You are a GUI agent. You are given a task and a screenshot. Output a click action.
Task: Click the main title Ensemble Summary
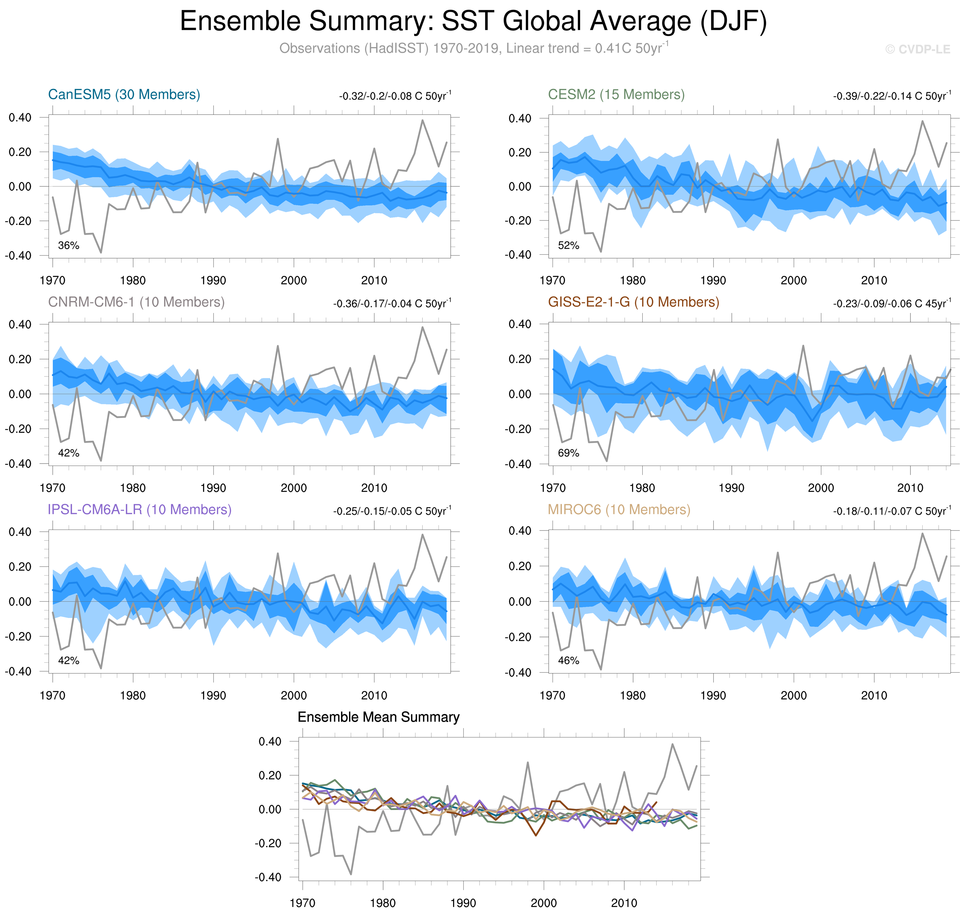tap(473, 22)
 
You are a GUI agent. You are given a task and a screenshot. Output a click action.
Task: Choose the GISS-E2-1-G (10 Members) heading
tap(633, 302)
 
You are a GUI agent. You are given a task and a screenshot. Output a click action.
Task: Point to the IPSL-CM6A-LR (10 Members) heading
tap(139, 509)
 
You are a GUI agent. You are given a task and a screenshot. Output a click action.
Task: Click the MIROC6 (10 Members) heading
tap(619, 509)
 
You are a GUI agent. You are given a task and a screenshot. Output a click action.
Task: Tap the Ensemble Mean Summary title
tap(378, 717)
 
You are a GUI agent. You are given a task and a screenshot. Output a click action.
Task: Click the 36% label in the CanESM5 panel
tap(68, 245)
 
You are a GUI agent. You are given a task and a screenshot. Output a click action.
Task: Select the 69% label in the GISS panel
tap(568, 453)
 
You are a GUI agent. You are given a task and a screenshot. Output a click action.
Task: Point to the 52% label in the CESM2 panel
tap(568, 245)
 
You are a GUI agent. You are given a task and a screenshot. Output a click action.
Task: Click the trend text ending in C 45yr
tap(892, 303)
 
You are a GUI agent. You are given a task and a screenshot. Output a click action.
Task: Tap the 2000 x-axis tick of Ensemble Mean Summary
tap(543, 903)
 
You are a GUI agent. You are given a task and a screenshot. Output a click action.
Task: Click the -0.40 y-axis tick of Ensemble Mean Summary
tap(268, 877)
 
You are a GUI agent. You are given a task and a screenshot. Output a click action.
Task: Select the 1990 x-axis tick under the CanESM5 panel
tap(213, 281)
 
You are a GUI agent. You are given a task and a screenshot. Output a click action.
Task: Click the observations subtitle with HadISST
tap(473, 48)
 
